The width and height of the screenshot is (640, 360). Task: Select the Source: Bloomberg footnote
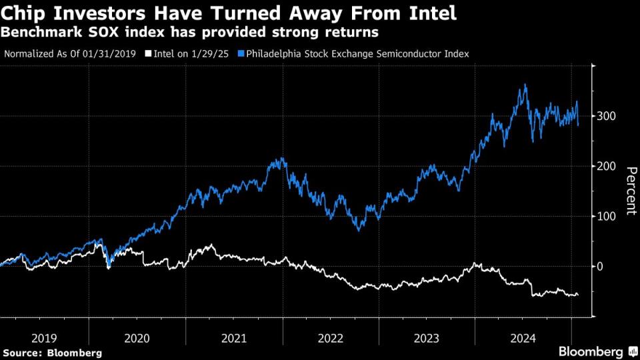[53, 352]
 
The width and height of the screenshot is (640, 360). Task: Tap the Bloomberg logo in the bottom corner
[591, 351]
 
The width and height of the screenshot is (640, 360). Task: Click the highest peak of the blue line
[525, 85]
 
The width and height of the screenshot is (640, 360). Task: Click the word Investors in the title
[117, 13]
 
